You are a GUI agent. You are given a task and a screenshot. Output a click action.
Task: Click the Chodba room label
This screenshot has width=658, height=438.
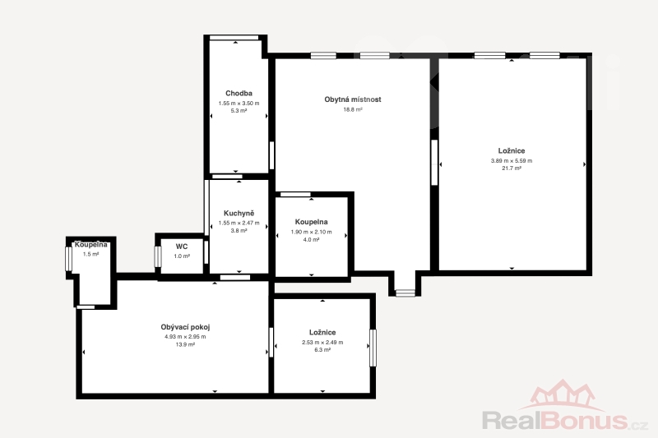pyautogui.click(x=239, y=93)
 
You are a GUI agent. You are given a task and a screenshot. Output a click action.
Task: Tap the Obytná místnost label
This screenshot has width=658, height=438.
pyautogui.click(x=353, y=99)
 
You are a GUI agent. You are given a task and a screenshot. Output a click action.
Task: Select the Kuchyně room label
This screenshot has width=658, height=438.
pyautogui.click(x=239, y=214)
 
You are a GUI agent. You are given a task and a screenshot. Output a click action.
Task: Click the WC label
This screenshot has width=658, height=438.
pyautogui.click(x=182, y=247)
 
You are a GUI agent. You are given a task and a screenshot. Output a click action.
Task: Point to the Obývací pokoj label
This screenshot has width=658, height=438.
pyautogui.click(x=185, y=327)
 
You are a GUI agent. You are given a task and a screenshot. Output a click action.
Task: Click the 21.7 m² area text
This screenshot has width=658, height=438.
pyautogui.click(x=512, y=168)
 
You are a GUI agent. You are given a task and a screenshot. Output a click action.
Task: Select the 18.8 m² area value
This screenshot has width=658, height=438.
pyautogui.click(x=353, y=109)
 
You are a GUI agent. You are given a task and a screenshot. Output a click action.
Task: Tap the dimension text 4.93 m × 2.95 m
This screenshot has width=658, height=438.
pyautogui.click(x=185, y=337)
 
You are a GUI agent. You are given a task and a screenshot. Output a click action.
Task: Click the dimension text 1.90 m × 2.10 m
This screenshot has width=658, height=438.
pyautogui.click(x=312, y=232)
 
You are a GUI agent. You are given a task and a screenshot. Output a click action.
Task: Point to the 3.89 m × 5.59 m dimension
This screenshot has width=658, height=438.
pyautogui.click(x=512, y=160)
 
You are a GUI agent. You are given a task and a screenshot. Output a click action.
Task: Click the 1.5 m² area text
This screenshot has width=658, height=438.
pyautogui.click(x=90, y=254)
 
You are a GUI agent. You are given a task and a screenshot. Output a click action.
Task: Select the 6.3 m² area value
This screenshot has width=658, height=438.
pyautogui.click(x=322, y=349)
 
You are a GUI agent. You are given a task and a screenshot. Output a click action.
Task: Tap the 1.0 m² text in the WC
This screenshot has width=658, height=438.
pyautogui.click(x=182, y=256)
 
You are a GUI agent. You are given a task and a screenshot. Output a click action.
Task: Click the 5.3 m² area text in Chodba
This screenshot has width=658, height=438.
pyautogui.click(x=239, y=111)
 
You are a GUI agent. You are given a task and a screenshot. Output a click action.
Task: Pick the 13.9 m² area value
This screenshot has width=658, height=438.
pyautogui.click(x=185, y=344)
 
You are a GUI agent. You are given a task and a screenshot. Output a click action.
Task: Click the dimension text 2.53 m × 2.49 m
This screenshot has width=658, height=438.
pyautogui.click(x=322, y=342)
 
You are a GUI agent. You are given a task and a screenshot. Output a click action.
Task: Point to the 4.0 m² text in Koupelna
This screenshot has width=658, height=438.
pyautogui.click(x=312, y=240)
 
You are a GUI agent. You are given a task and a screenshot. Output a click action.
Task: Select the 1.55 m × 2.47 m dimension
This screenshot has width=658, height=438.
pyautogui.click(x=239, y=223)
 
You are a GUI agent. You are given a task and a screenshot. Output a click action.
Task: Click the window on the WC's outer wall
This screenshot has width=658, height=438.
pyautogui.click(x=158, y=256)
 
